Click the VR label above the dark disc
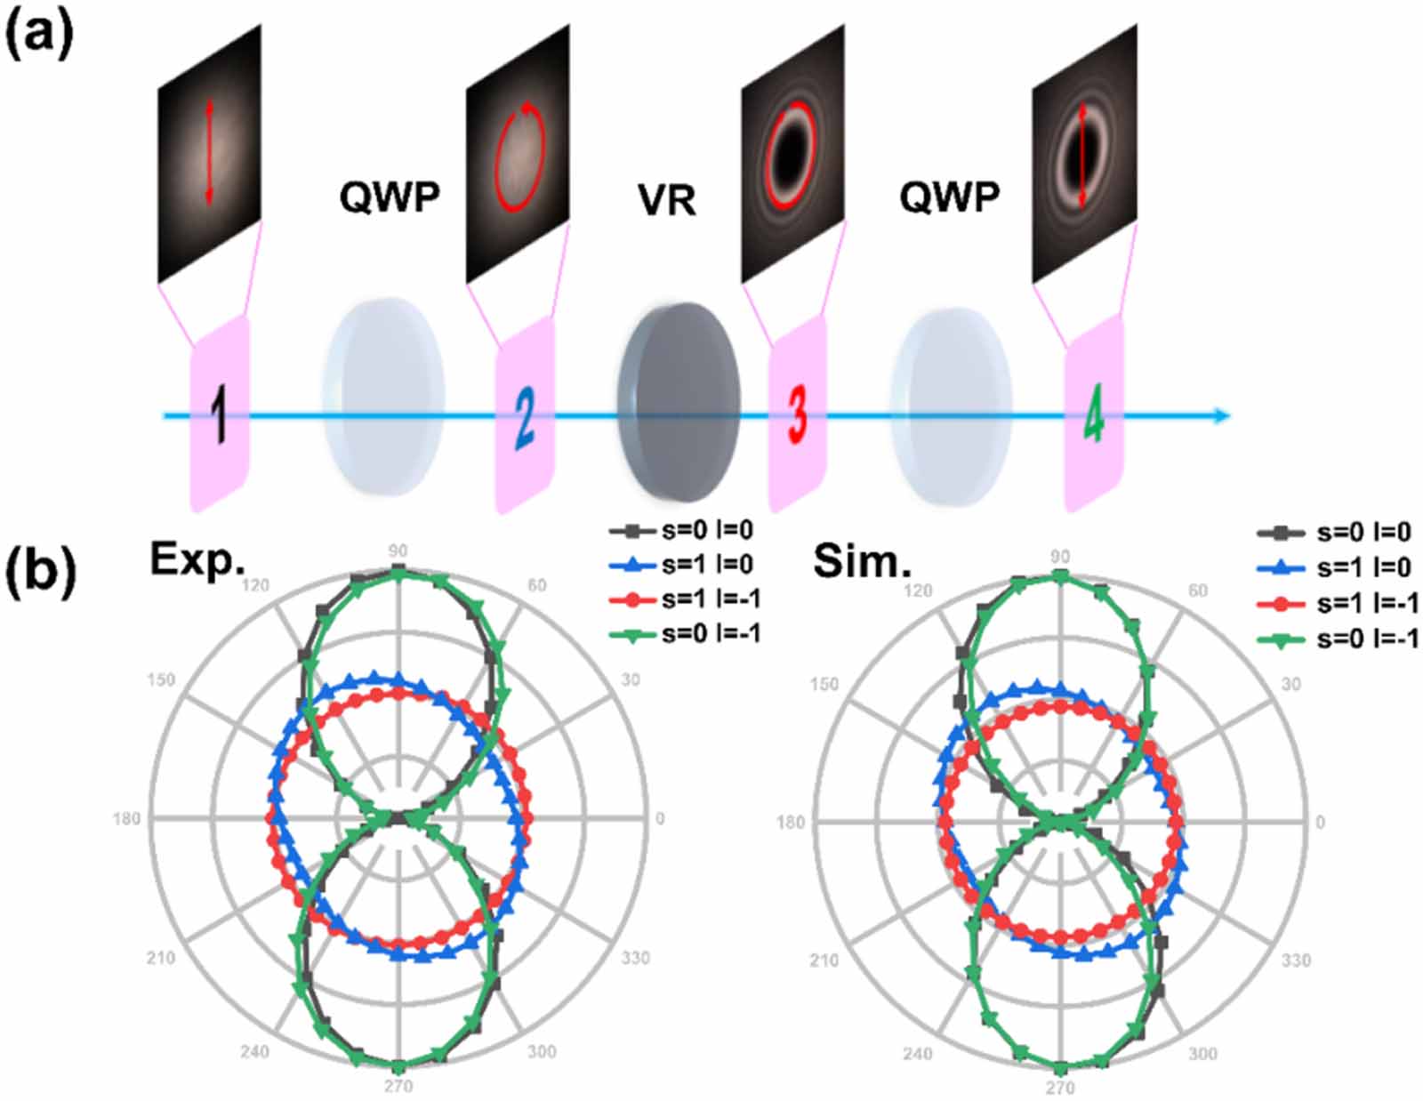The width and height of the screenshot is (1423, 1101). pos(667,201)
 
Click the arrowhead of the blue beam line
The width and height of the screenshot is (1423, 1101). pos(1223,415)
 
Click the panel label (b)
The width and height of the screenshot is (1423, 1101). pos(39,569)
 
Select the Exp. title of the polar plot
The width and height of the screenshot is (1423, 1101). pos(197,560)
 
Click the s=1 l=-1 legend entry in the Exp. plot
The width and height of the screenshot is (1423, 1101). pos(685,599)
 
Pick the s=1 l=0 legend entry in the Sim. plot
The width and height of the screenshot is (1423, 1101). pos(1339,567)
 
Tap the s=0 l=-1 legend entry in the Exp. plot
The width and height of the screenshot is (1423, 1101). pos(685,633)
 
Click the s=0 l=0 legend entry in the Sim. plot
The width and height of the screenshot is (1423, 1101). pos(1339,533)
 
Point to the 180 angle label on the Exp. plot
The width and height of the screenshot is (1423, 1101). pos(126,818)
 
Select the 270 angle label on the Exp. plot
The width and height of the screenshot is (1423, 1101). pos(398,1086)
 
